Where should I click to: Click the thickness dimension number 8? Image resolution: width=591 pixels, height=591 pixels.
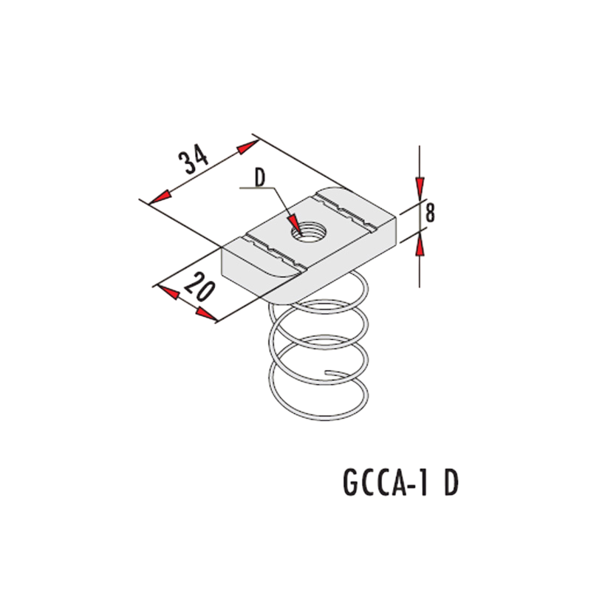pyautogui.click(x=430, y=213)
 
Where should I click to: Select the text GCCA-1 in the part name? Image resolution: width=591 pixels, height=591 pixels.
pyautogui.click(x=386, y=483)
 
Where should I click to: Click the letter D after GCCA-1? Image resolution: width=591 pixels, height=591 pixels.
pyautogui.click(x=451, y=483)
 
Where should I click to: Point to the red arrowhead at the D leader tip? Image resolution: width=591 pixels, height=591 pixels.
pyautogui.click(x=294, y=225)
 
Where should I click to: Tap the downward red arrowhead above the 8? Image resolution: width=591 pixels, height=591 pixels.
pyautogui.click(x=420, y=189)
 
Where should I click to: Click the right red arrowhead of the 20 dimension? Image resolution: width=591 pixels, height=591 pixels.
pyautogui.click(x=206, y=314)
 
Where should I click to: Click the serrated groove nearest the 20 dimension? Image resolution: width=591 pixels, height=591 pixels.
pyautogui.click(x=274, y=252)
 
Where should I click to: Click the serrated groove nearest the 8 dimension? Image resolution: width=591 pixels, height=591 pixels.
pyautogui.click(x=346, y=211)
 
